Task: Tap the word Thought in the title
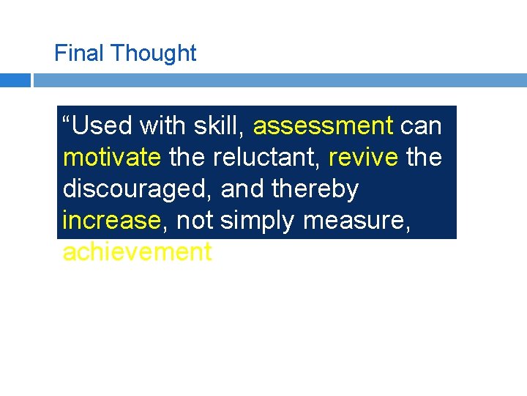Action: [x=154, y=54]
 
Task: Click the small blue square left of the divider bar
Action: [x=15, y=80]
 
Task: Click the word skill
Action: [x=217, y=126]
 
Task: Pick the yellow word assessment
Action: [x=324, y=126]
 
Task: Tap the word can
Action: [x=421, y=126]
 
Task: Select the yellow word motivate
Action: [x=112, y=158]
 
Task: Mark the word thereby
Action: [x=315, y=189]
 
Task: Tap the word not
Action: [x=194, y=220]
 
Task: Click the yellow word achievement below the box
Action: [x=138, y=252]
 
